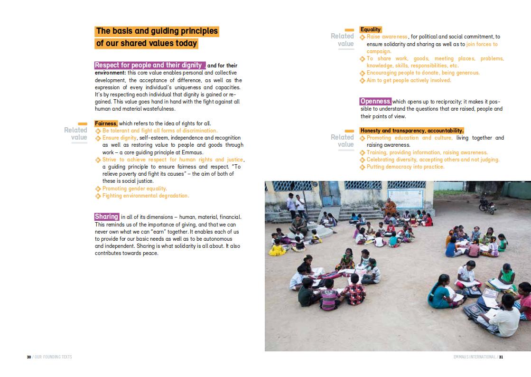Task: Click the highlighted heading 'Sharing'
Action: [106, 217]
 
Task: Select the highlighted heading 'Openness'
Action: [375, 101]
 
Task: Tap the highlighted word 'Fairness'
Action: [106, 123]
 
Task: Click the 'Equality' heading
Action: [371, 29]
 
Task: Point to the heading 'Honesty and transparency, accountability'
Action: [411, 131]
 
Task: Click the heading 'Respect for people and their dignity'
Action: [149, 65]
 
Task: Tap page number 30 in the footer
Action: [29, 357]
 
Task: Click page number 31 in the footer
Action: [501, 357]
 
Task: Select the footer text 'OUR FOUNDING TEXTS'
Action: [53, 357]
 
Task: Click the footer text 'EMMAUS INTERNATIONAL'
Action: [474, 357]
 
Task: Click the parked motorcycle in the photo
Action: [487, 205]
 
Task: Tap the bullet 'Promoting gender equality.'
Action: [134, 188]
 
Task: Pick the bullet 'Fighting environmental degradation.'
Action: [145, 196]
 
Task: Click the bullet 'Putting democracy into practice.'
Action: [405, 167]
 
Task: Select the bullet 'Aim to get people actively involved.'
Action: [409, 80]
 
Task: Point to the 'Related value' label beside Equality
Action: [343, 40]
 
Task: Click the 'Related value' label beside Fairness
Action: [76, 133]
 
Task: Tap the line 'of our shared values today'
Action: [146, 44]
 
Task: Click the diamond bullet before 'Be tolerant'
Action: [98, 131]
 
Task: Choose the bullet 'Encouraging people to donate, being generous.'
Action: [423, 73]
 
